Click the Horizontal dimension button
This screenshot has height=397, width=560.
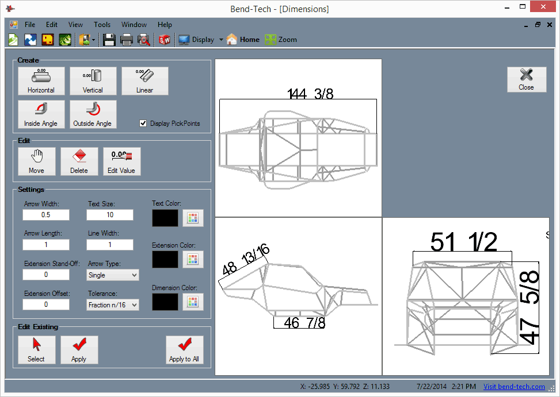(x=41, y=80)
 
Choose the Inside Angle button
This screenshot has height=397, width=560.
(x=41, y=114)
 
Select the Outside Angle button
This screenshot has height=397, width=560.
(x=93, y=114)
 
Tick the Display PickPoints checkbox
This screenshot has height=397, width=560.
(x=143, y=124)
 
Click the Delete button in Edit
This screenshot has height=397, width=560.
(x=79, y=161)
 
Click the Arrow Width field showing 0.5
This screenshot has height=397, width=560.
(x=46, y=215)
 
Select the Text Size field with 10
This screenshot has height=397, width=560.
(x=110, y=215)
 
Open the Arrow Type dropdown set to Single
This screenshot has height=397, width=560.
(x=113, y=275)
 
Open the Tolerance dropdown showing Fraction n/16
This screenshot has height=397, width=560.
(x=113, y=305)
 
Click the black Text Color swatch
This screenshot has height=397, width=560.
(x=165, y=218)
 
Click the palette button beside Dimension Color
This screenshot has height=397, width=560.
(x=193, y=302)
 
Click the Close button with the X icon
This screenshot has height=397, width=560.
(x=526, y=79)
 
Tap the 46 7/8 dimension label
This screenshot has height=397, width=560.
(x=304, y=323)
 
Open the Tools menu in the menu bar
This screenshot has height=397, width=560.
(x=102, y=25)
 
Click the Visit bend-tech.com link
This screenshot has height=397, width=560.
(x=514, y=387)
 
